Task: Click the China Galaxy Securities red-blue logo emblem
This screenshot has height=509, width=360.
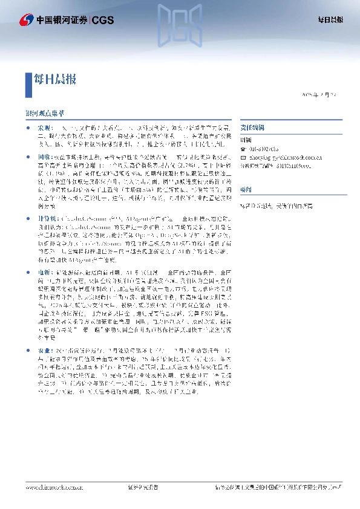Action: [x=26, y=20]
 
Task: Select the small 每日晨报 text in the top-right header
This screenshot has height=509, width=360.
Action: [x=330, y=20]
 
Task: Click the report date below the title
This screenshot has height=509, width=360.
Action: [x=322, y=95]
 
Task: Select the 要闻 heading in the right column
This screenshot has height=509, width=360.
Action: [x=246, y=189]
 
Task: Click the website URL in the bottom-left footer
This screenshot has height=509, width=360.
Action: [x=50, y=487]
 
